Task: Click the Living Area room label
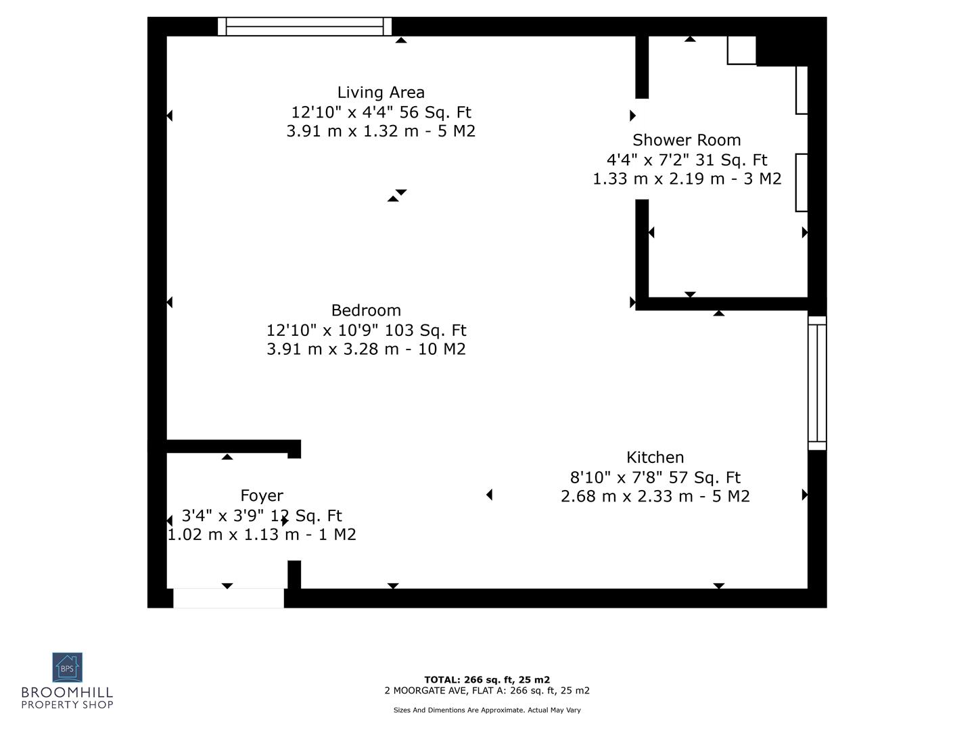381,93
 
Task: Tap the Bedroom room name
366,310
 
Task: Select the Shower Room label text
687,140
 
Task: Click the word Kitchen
655,458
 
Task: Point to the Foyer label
262,496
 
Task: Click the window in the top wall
304,26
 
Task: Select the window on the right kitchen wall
817,383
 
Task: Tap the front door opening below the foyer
229,598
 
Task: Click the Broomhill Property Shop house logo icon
68,667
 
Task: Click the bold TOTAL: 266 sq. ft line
487,680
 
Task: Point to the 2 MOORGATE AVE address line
487,691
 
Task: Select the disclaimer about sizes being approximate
487,710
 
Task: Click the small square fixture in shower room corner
741,50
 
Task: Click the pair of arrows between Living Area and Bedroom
397,196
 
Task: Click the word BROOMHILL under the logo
67,693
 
